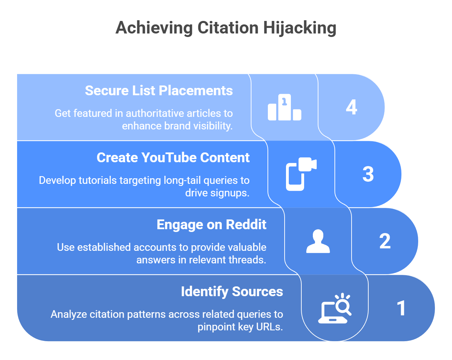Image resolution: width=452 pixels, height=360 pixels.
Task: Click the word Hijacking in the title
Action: (x=299, y=28)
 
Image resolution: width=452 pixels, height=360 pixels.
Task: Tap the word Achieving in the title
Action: (x=154, y=28)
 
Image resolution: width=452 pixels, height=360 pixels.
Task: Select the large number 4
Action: (x=352, y=107)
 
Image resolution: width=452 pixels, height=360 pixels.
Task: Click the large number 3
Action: (x=368, y=174)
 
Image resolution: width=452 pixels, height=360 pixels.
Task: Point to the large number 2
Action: (x=385, y=241)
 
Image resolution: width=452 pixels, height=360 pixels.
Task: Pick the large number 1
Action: (x=401, y=308)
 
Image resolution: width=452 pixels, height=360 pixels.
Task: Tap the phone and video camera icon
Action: (x=301, y=174)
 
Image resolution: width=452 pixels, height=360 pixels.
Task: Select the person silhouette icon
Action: (x=318, y=241)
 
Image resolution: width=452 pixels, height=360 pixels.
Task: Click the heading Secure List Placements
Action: (x=159, y=91)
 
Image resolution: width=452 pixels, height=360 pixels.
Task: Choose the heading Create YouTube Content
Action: (x=173, y=158)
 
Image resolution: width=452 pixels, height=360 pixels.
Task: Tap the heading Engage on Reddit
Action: (x=211, y=225)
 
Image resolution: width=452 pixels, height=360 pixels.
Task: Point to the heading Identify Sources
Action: (x=232, y=292)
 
